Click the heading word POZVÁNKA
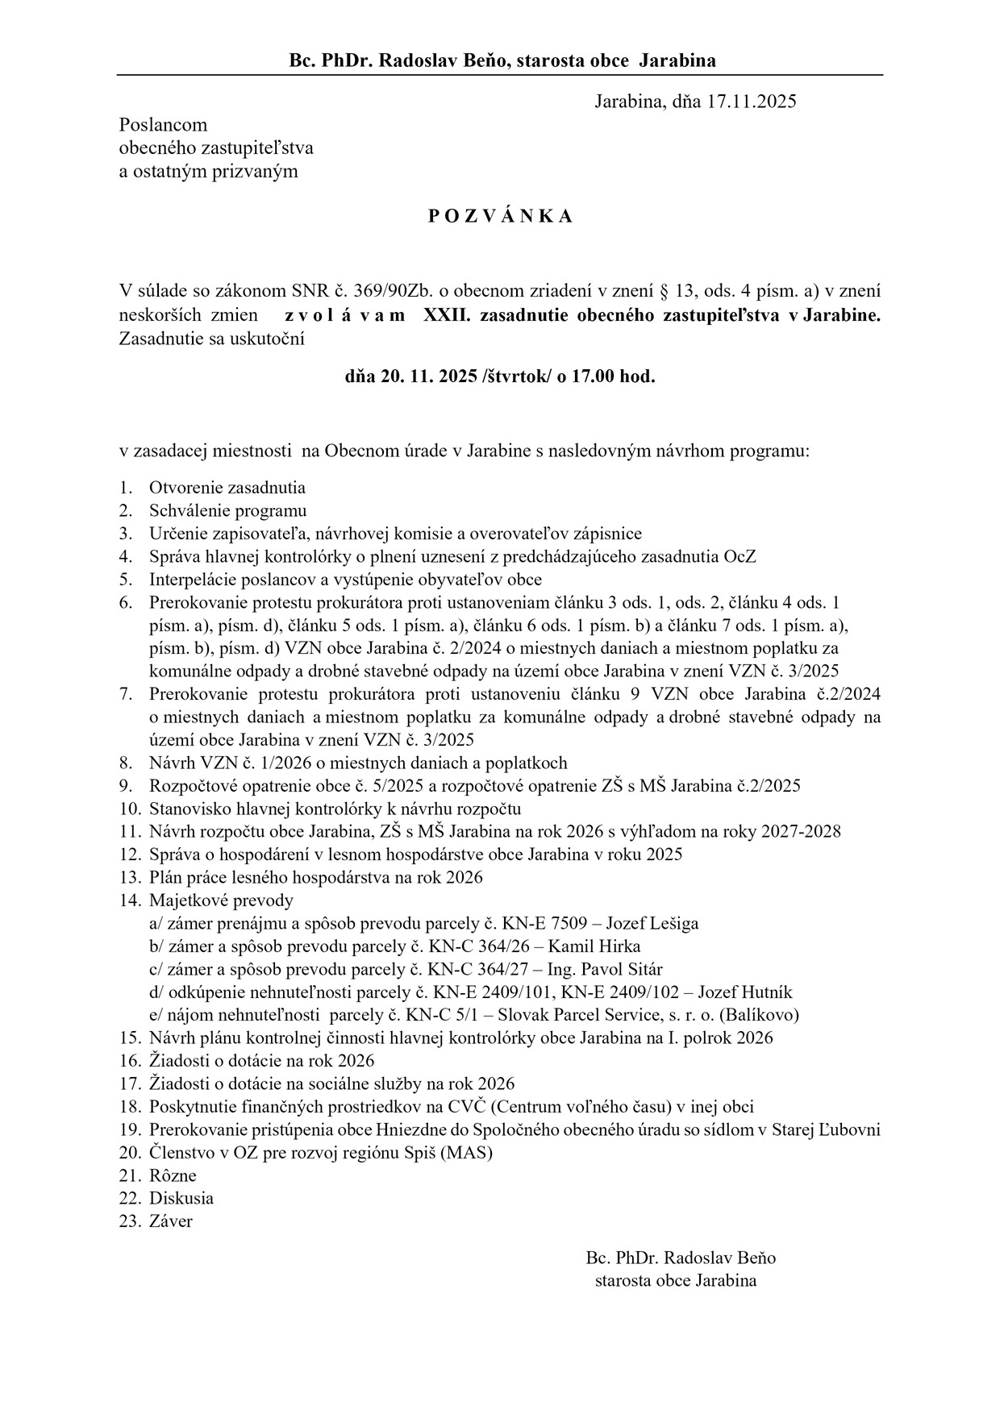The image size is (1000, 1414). coord(499,216)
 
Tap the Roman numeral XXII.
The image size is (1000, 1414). coord(447,315)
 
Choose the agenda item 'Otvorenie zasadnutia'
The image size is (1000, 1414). coord(227,488)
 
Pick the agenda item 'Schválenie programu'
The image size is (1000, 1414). coord(227,510)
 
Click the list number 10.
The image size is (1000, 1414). coord(128,809)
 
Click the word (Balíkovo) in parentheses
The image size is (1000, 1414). coord(756,1015)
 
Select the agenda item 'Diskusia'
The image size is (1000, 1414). coord(181,1198)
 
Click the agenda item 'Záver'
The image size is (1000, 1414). coord(170,1221)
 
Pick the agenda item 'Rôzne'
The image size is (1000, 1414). coord(173,1175)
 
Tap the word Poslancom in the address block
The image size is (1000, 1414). coord(163,125)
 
